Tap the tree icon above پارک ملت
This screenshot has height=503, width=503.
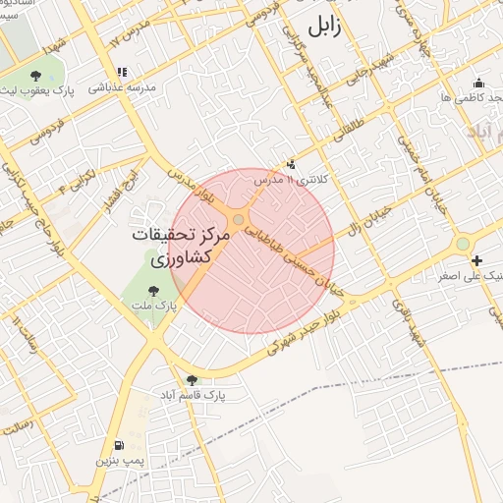pyautogui.click(x=152, y=290)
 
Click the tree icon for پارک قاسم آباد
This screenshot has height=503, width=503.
pyautogui.click(x=192, y=380)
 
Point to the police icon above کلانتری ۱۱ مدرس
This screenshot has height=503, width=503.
pyautogui.click(x=290, y=164)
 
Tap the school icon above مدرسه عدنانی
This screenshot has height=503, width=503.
pyautogui.click(x=122, y=72)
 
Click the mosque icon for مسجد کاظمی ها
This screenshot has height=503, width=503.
pyautogui.click(x=478, y=83)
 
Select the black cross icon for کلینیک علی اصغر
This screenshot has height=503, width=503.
pyautogui.click(x=476, y=260)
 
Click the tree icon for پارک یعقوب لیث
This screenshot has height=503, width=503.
pyautogui.click(x=35, y=76)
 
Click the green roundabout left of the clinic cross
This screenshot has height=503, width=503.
pyautogui.click(x=462, y=244)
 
